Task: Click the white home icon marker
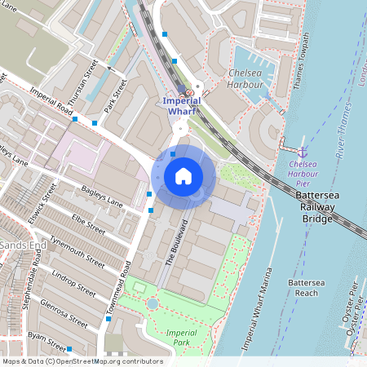point(183,175)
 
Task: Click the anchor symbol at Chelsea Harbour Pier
point(302,152)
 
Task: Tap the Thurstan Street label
point(83,81)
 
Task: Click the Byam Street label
point(45,337)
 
